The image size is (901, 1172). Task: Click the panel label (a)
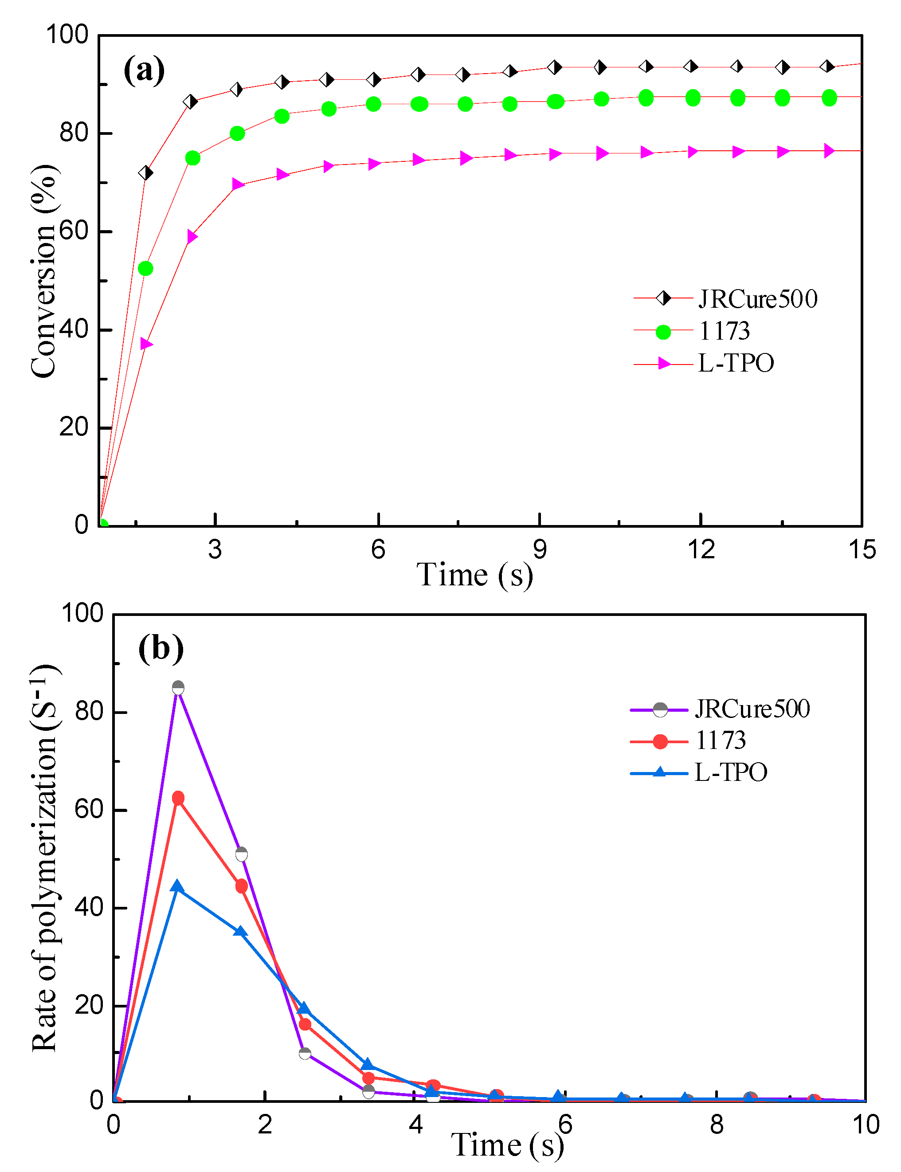(144, 70)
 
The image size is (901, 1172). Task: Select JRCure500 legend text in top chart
(757, 299)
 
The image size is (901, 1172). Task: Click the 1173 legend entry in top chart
(724, 331)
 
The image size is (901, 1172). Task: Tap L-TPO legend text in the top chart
(736, 363)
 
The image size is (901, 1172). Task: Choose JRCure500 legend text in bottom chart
(752, 709)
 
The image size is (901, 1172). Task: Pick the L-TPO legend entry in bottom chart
(730, 772)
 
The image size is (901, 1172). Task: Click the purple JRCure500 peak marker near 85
(178, 688)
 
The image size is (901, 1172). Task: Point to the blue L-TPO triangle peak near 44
(177, 886)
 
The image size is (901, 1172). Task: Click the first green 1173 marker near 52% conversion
(145, 268)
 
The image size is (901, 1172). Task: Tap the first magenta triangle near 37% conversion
(146, 344)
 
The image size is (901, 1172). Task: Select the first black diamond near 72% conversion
(145, 172)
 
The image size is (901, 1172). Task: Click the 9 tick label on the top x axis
(540, 550)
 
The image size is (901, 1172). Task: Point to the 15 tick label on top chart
(862, 550)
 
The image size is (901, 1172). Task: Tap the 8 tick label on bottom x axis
(717, 1125)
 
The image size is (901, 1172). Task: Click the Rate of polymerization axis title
(46, 858)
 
